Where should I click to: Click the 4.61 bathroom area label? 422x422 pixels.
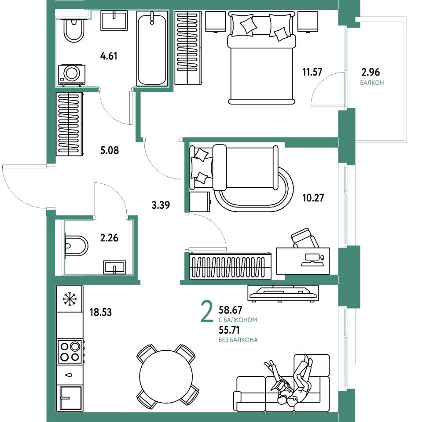[x=109, y=56]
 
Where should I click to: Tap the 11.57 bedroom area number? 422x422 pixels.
[x=312, y=72]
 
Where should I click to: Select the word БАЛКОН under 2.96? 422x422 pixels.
[x=372, y=83]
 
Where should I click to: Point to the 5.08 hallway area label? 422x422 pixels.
[x=110, y=150]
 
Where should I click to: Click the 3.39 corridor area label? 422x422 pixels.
[x=161, y=205]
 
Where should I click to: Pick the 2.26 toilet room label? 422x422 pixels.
[x=109, y=238]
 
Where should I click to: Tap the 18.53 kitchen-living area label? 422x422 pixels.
[x=100, y=312]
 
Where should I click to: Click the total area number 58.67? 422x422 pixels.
[x=231, y=310]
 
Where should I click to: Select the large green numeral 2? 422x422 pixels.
[x=207, y=312]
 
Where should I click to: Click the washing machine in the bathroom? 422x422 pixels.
[x=72, y=75]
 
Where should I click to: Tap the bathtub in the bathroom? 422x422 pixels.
[x=152, y=48]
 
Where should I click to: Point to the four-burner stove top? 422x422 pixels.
[x=70, y=352]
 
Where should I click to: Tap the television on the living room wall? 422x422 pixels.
[x=283, y=293]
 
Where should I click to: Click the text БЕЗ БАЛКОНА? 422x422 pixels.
[x=238, y=340]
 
